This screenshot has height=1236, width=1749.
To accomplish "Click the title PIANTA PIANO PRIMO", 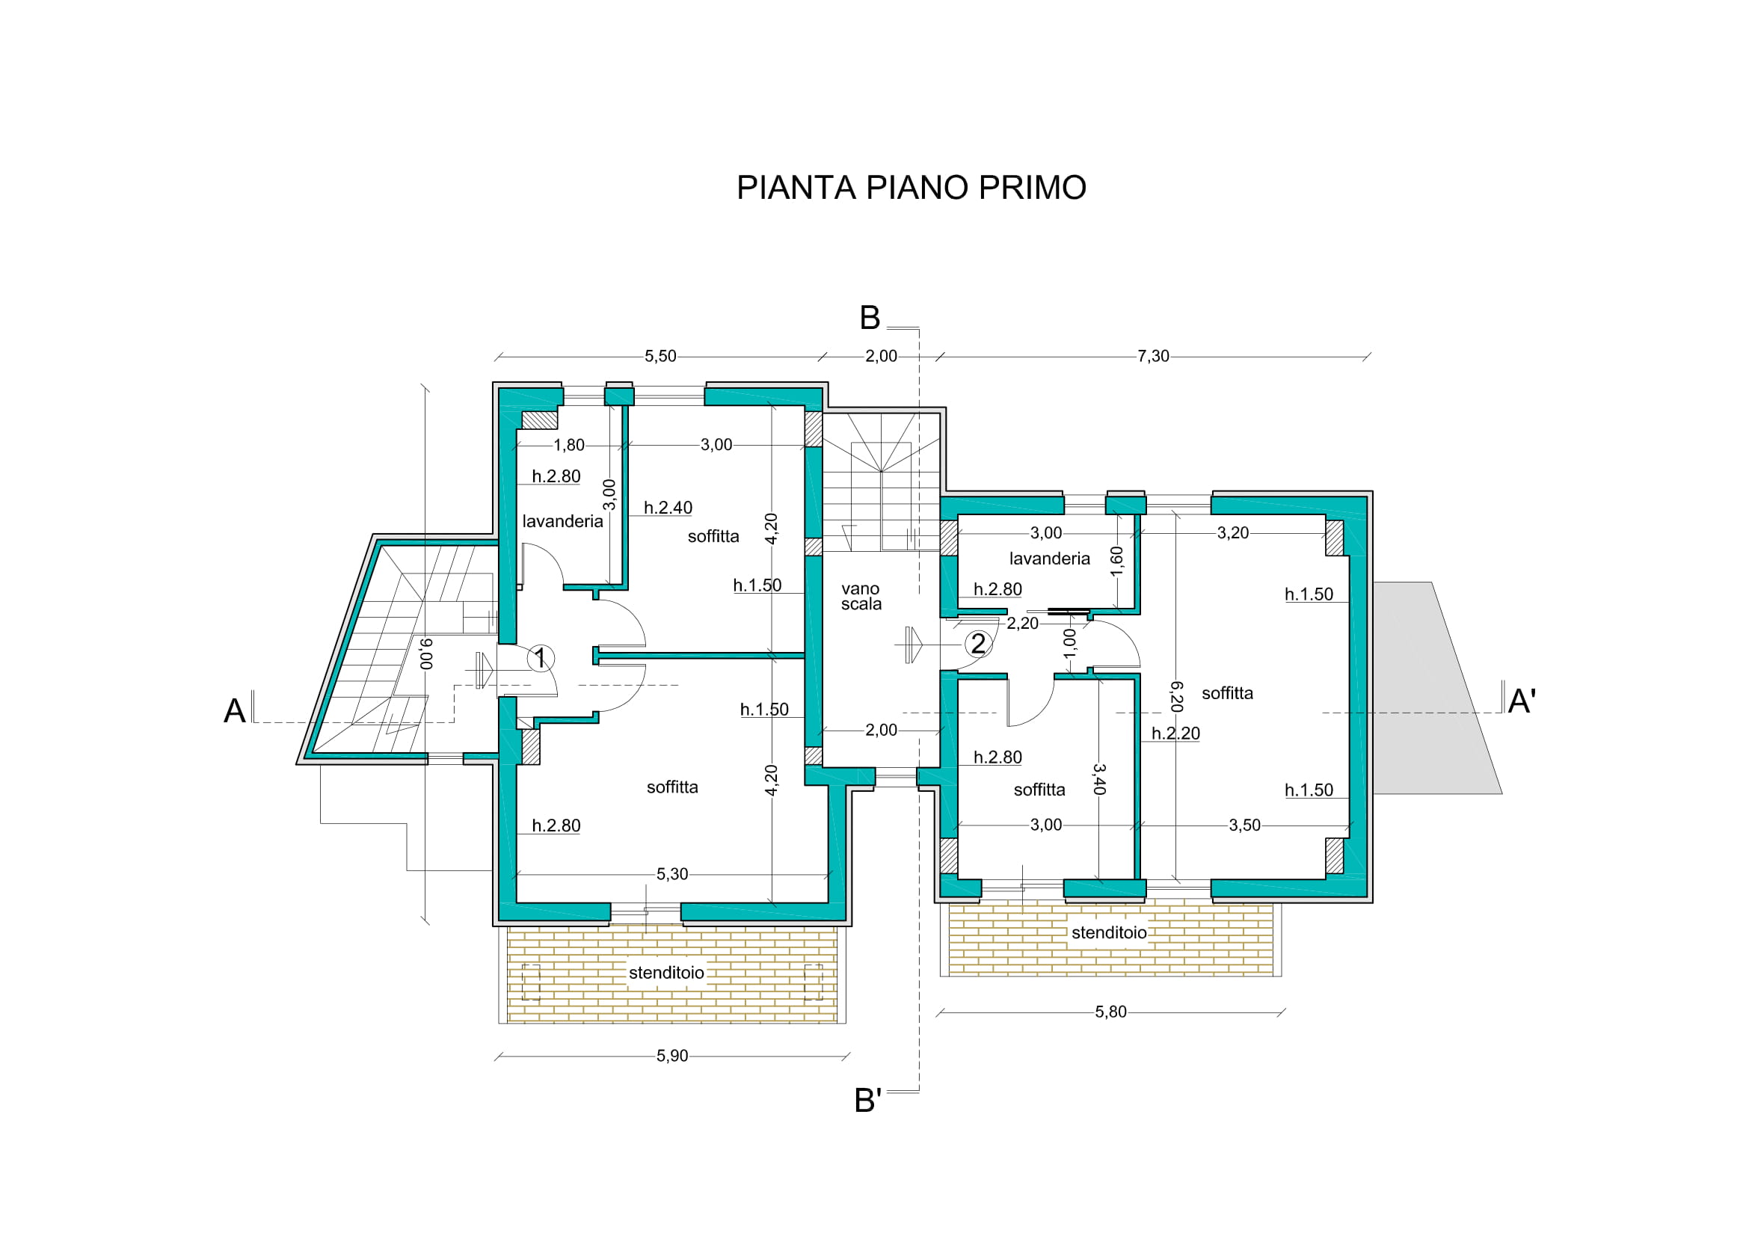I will (911, 188).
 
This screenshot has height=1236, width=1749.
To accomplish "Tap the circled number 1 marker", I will (541, 658).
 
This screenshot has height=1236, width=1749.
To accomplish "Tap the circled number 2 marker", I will (978, 645).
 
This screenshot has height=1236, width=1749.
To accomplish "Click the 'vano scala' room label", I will (861, 596).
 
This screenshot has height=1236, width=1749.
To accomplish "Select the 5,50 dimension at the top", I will (660, 357).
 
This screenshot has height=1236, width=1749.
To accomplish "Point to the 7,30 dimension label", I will (1153, 357).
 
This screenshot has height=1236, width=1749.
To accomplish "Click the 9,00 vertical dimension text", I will (426, 654).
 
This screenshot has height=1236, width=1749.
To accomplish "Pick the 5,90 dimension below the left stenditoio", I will (672, 1057).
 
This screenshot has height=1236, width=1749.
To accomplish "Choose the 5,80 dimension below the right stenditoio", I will (1110, 1012).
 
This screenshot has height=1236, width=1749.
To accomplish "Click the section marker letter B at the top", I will (870, 319).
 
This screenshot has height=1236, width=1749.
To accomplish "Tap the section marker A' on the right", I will (1522, 701).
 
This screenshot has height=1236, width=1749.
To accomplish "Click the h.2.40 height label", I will (668, 508).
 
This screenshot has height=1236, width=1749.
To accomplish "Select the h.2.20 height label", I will (1175, 734).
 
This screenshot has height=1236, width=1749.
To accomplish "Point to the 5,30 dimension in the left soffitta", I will (672, 874).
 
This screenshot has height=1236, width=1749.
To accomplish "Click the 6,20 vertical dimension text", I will (1176, 697).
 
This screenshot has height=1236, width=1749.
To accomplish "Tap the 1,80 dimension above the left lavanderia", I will (569, 446).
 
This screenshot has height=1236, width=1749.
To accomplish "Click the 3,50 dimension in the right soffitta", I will (1245, 825).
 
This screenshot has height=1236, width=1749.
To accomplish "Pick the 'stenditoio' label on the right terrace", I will (1109, 933).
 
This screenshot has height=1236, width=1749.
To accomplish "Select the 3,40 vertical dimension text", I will (1098, 780).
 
